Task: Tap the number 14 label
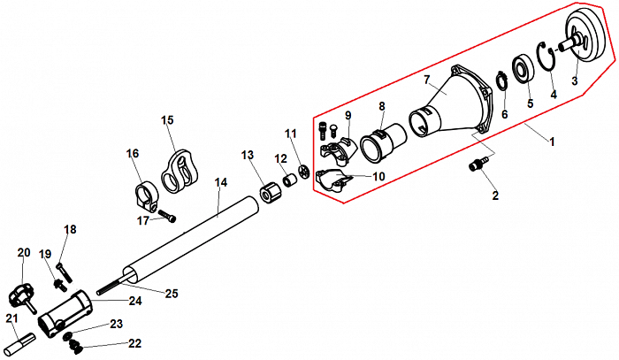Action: tap(221, 182)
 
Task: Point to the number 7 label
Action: tap(426, 80)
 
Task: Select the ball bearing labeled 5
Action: tap(521, 69)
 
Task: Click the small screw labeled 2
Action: tap(480, 165)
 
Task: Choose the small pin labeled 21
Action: tap(22, 337)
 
